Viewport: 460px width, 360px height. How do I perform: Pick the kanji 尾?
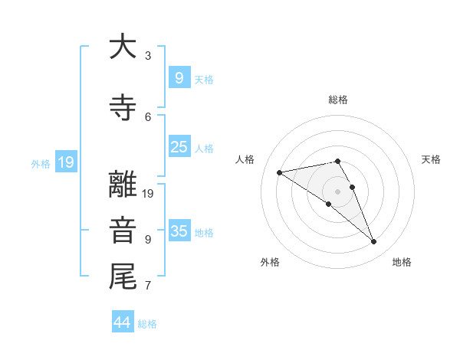(x=123, y=277)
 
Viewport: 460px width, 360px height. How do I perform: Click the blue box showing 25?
(x=179, y=147)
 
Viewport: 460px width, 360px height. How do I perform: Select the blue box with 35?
(x=179, y=231)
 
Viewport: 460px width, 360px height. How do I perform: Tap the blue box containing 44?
(x=123, y=322)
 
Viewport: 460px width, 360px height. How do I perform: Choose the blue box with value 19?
(x=65, y=162)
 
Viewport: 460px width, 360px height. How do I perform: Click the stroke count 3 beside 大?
(x=148, y=55)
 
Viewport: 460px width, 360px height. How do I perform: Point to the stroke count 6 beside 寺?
(x=148, y=116)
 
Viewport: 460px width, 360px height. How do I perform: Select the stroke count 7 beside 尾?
(x=148, y=286)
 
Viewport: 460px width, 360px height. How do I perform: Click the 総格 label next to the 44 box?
(x=147, y=324)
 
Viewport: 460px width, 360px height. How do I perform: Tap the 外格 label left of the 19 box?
(x=40, y=163)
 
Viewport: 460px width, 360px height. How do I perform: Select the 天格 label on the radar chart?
(x=432, y=159)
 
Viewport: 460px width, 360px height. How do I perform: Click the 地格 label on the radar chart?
(x=402, y=262)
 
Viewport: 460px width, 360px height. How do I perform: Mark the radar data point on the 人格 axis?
(x=280, y=172)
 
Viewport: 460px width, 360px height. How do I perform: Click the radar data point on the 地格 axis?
(x=374, y=242)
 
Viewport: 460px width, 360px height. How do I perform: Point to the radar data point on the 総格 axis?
(x=337, y=161)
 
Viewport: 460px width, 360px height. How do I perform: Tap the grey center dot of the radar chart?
(x=337, y=191)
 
